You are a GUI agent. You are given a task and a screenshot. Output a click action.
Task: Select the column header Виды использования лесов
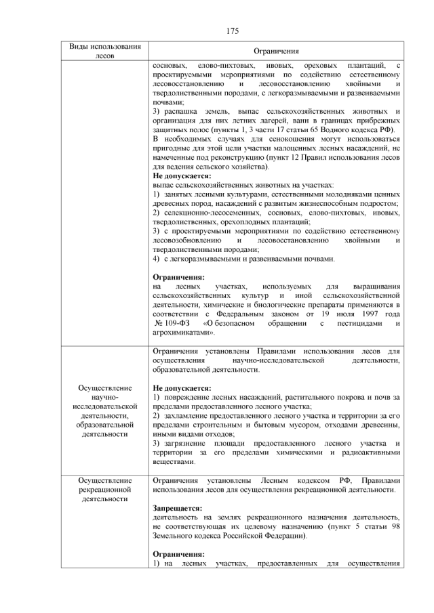[x=105, y=51]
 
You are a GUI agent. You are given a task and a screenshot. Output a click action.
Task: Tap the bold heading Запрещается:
[x=177, y=507]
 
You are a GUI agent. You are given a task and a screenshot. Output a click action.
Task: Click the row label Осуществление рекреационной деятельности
[x=104, y=489]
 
